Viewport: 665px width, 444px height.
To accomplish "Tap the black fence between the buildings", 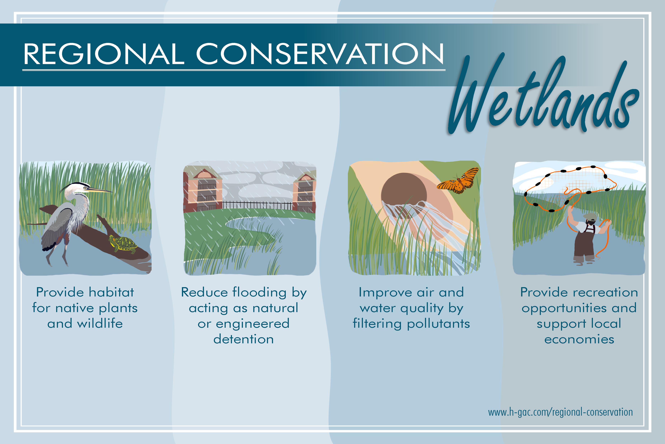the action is [x=257, y=205].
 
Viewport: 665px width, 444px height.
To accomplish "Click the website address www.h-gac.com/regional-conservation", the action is [x=560, y=412].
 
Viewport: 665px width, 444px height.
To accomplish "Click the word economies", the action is [x=579, y=339].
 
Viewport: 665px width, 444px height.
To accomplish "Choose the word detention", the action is [x=244, y=339].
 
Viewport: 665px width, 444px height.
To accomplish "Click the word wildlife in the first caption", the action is [x=100, y=323].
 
